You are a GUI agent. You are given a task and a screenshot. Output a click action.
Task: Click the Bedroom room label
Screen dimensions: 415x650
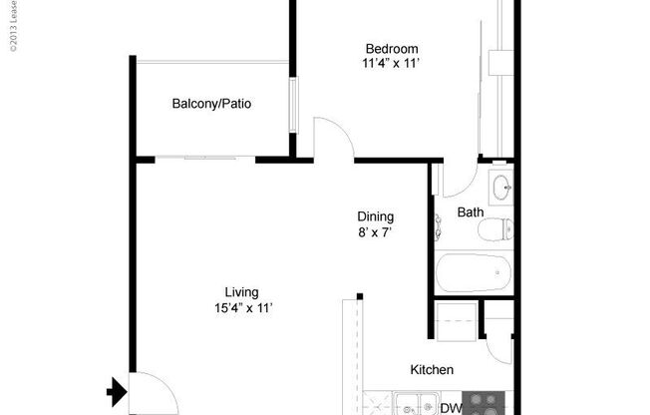coord(391,49)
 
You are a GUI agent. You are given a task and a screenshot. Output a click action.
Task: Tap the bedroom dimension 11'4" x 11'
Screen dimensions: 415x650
coord(391,64)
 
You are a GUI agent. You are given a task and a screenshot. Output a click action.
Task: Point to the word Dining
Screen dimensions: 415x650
coord(376,216)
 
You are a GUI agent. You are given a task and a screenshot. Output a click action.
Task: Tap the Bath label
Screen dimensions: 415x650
coord(470,211)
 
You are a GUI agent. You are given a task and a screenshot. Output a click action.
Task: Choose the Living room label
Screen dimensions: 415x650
coord(235,292)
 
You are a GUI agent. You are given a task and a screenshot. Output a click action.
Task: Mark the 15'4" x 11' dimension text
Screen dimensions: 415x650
coord(235,307)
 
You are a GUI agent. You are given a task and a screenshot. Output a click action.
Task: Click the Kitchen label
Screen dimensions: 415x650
coord(432,369)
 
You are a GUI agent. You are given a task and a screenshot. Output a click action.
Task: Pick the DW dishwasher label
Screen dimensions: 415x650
coord(451,408)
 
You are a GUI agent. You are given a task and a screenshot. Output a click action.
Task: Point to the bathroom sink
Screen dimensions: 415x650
coord(500,186)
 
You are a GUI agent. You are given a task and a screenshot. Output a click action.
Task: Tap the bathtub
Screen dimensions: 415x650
coord(474,271)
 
